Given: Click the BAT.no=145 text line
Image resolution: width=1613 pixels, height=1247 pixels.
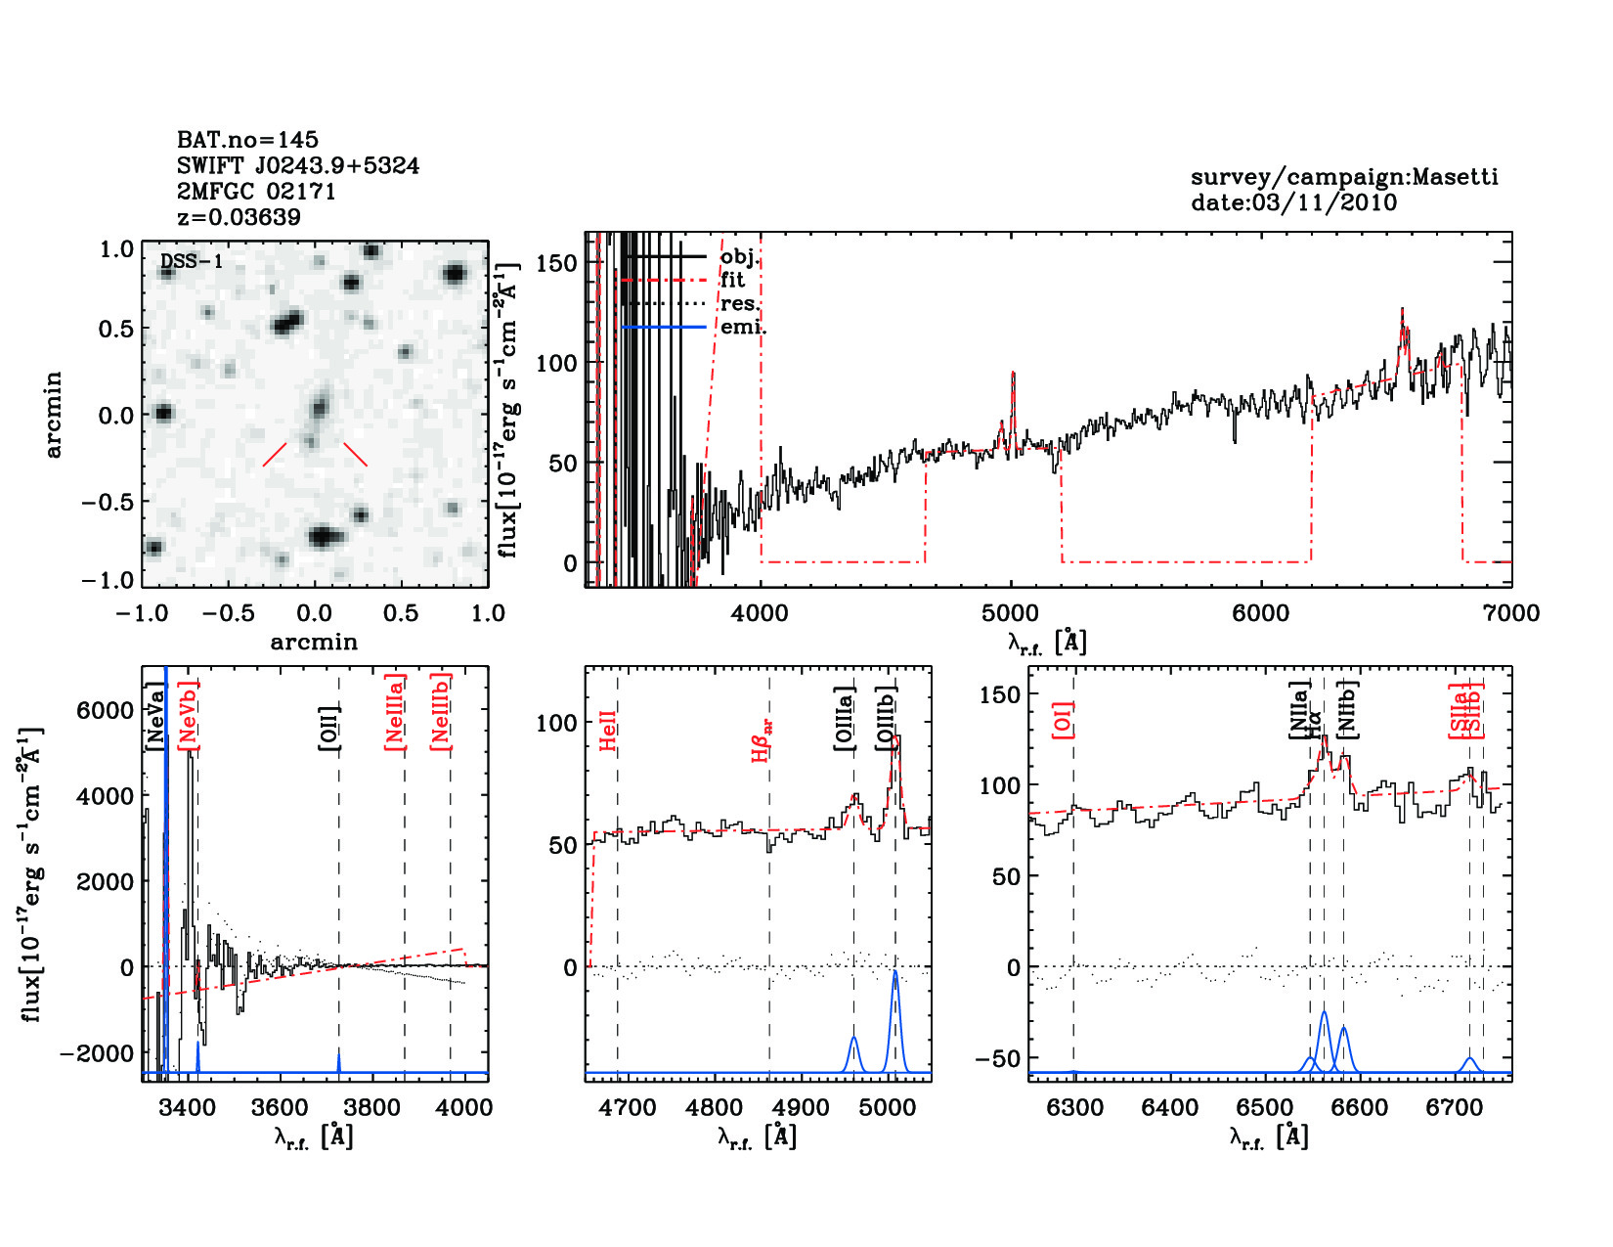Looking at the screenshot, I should pos(247,140).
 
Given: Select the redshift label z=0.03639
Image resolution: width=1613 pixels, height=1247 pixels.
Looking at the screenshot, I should pos(239,217).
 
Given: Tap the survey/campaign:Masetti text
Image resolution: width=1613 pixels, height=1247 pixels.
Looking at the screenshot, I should pos(1344,177).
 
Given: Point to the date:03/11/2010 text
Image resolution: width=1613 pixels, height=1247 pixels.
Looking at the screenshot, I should pos(1293,202).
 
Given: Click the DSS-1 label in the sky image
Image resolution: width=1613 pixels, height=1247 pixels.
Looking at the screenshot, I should pos(192,262).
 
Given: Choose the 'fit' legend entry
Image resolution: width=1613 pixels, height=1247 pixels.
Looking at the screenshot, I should pos(732,280).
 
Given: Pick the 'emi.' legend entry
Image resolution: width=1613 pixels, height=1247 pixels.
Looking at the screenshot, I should pos(742,327).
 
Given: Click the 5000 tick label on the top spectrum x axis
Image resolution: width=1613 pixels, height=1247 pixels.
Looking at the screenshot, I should pos(1010,613).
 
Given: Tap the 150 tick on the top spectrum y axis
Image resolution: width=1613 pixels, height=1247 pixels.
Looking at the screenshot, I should pos(557,262).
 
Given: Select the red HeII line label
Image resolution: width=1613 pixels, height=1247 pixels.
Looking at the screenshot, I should pos(608,732).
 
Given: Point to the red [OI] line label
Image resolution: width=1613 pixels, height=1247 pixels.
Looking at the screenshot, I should pos(1064,719).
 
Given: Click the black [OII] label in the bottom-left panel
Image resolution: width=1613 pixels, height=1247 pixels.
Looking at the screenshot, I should pos(329,728).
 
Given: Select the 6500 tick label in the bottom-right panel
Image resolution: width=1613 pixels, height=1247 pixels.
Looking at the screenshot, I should pos(1265,1108).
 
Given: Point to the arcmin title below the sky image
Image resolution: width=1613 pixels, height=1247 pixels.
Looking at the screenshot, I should pos(314,643).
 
